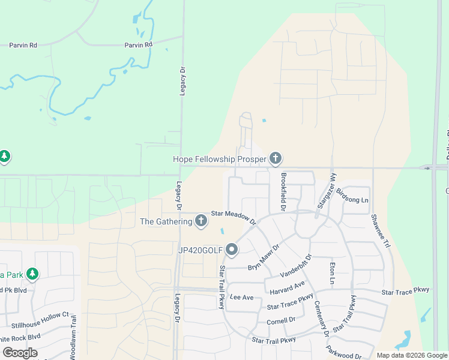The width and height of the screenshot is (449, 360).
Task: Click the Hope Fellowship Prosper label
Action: coord(220,159)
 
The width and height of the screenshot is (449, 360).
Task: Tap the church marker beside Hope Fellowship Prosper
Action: coord(276,158)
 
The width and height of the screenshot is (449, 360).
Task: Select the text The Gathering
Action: coord(166,221)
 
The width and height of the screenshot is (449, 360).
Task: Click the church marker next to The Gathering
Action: coord(201,221)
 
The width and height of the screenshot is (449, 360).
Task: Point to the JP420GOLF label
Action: coord(199,250)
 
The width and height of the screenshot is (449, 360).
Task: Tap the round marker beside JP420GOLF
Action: coord(232,250)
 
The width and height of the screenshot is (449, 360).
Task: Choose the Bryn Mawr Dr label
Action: coord(264,256)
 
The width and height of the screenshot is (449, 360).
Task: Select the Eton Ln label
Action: coord(331,272)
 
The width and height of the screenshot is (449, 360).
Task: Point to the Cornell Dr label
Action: coord(282,320)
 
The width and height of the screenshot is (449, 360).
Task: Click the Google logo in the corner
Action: coord(20,352)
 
